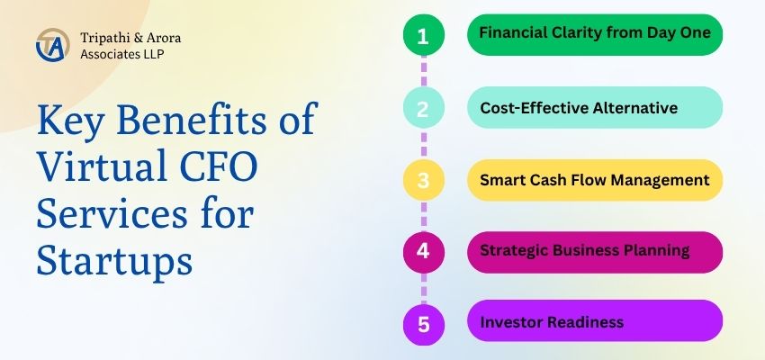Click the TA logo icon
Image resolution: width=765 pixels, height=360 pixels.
(x=52, y=45)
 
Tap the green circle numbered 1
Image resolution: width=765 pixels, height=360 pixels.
(x=424, y=34)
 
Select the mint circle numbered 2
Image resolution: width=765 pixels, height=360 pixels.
(x=424, y=107)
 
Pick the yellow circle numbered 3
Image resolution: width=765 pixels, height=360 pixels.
(x=424, y=180)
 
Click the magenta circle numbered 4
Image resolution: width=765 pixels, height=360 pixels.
(x=424, y=252)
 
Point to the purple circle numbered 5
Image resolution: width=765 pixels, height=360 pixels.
(x=424, y=324)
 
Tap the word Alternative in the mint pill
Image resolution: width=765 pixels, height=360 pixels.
(x=634, y=107)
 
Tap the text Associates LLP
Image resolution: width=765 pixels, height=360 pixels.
(x=122, y=54)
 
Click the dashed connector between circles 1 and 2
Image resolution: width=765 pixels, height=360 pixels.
(x=424, y=71)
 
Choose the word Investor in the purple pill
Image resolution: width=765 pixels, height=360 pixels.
(x=511, y=322)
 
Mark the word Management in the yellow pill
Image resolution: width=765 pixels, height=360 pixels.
(x=660, y=181)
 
